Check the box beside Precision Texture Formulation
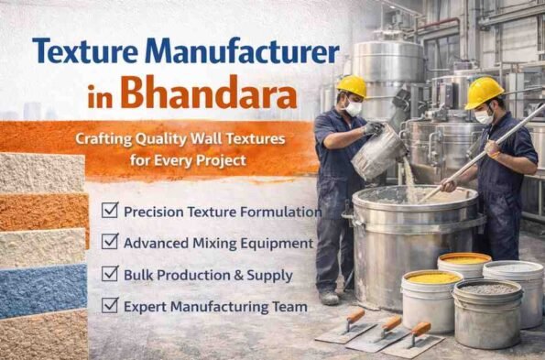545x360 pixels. (x=109, y=211)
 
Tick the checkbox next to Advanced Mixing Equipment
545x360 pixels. (x=109, y=242)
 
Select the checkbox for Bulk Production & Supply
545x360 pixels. (x=109, y=273)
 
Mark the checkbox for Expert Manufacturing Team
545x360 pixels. (x=109, y=305)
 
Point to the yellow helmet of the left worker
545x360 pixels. (x=351, y=86)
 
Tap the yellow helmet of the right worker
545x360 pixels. (x=483, y=91)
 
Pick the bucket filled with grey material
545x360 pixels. (x=485, y=311)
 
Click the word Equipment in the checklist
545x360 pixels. (x=274, y=243)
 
